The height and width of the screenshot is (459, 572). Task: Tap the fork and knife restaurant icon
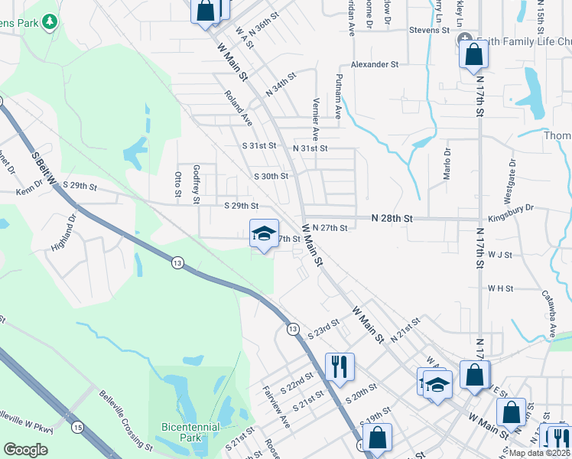pyautogui.click(x=339, y=366)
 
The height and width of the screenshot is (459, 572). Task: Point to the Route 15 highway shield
pyautogui.click(x=77, y=425)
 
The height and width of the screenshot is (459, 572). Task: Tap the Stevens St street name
pyautogui.click(x=429, y=30)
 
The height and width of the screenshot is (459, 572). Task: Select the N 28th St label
pyautogui.click(x=392, y=219)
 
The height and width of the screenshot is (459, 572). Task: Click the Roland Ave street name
pyautogui.click(x=239, y=107)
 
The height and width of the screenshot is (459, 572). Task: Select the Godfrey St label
pyautogui.click(x=197, y=184)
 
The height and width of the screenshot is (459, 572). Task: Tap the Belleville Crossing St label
pyautogui.click(x=126, y=420)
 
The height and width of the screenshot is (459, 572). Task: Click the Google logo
pyautogui.click(x=25, y=450)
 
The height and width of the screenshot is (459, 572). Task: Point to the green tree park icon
pyautogui.click(x=49, y=21)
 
